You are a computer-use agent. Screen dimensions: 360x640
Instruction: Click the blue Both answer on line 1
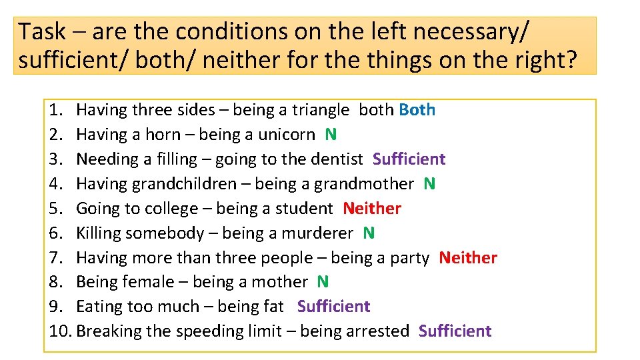[417, 110]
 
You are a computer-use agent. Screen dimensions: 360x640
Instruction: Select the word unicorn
[286, 135]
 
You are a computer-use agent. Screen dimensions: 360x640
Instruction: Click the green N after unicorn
[331, 135]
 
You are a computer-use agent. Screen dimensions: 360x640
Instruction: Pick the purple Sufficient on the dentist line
[409, 159]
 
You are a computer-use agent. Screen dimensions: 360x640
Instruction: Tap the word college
[171, 209]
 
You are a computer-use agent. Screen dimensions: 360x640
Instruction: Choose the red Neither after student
[372, 209]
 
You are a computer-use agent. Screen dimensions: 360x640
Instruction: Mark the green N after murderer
[369, 233]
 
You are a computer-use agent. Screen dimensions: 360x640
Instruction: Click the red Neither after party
[468, 258]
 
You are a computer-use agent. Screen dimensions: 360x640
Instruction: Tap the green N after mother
[323, 283]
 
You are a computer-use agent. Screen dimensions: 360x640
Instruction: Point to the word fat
[274, 307]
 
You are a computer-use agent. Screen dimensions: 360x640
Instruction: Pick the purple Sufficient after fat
[333, 307]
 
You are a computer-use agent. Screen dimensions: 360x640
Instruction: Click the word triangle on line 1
[320, 110]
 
